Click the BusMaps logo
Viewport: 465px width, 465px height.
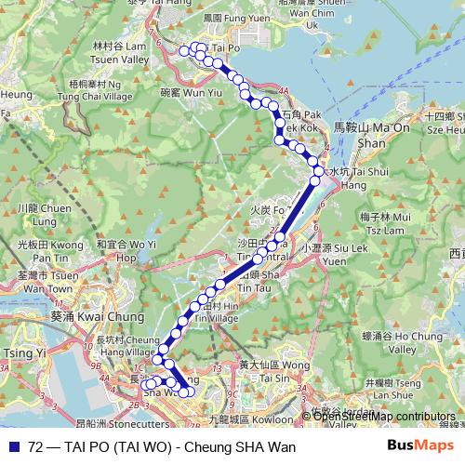[x=419, y=446]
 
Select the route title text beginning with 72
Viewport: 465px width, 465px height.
[x=162, y=447]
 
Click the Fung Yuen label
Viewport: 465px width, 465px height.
[x=221, y=18]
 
